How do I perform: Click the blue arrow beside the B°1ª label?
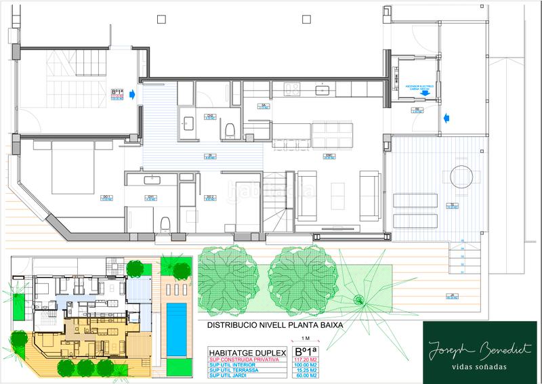coord(133,95)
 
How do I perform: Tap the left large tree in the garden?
coord(224,277)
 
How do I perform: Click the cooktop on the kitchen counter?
coord(293,89)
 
